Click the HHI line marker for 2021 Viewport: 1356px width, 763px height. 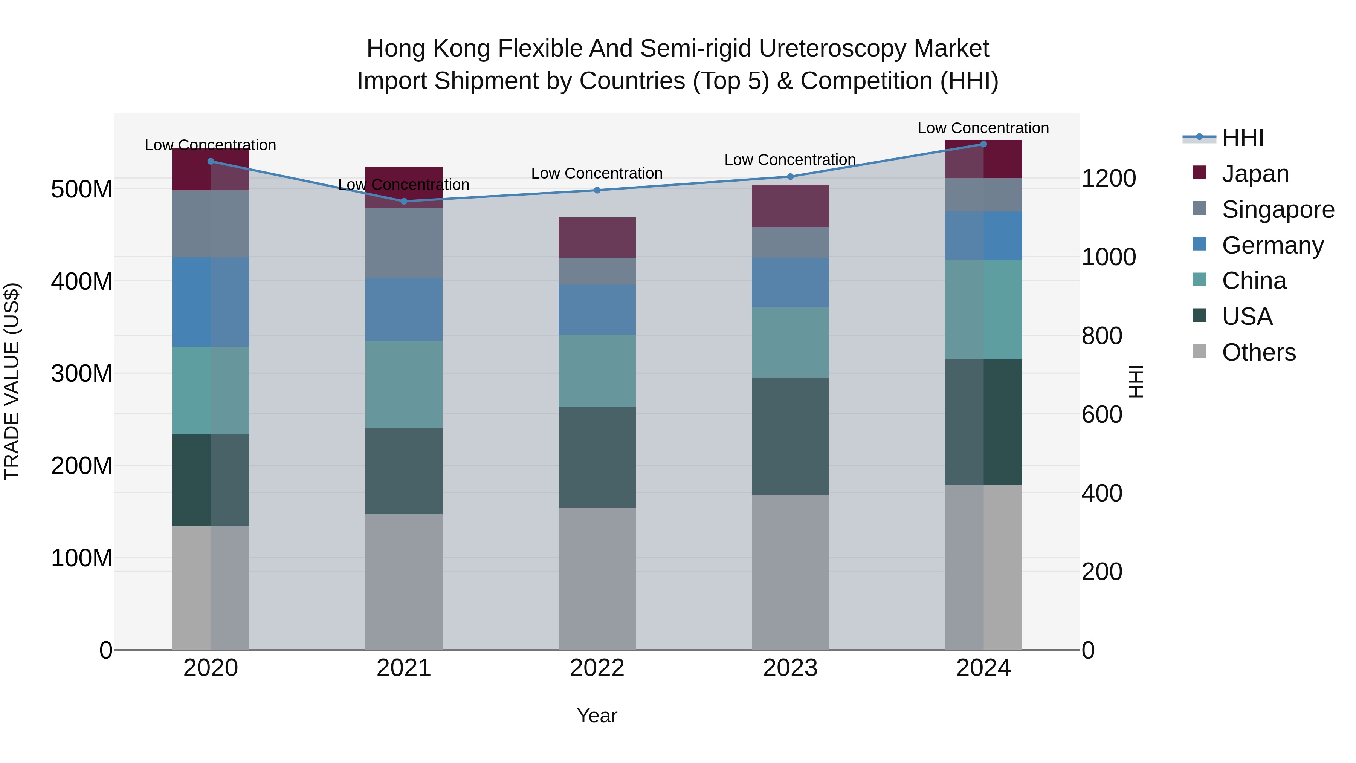tap(404, 201)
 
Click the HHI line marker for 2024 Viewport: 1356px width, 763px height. tap(983, 144)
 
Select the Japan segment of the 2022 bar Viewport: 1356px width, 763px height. tap(597, 237)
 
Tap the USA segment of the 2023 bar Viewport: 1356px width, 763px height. tap(790, 436)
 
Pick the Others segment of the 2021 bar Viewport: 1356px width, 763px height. tap(404, 581)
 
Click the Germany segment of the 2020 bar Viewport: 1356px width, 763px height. tap(211, 302)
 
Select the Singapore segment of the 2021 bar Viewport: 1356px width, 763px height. tap(404, 242)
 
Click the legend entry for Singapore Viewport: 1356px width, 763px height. tap(1278, 209)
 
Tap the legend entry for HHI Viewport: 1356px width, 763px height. tap(1242, 138)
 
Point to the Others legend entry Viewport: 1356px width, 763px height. tap(1258, 352)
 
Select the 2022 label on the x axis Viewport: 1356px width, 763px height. tap(597, 668)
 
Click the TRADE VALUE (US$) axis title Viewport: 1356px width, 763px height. tap(12, 381)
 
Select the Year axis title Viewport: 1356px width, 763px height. tap(597, 716)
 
